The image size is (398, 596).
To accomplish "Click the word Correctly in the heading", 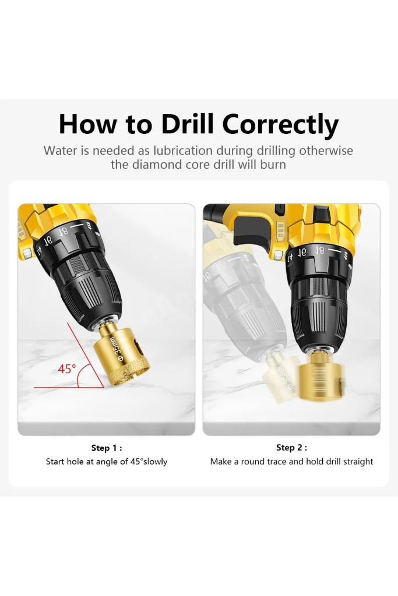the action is [x=280, y=126].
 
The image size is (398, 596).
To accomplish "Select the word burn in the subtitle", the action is [x=273, y=165].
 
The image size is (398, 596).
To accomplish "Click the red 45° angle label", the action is [x=67, y=368].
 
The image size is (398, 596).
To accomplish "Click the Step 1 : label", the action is [x=107, y=448].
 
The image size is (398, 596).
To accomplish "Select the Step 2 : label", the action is [x=291, y=448].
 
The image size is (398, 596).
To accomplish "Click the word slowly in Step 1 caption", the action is [x=155, y=462].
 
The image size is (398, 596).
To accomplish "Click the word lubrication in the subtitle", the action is [x=182, y=151].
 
